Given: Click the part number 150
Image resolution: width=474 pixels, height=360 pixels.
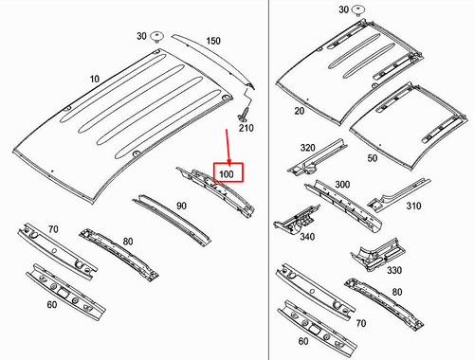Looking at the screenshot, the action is (213, 41).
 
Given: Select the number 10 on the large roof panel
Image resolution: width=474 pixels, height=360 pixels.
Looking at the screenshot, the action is (95, 79).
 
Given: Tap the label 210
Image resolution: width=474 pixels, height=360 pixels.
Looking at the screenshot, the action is (246, 128).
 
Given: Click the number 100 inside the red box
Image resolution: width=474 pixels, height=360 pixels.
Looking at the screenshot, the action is (227, 174).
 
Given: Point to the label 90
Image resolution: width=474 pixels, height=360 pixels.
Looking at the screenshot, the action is (181, 206).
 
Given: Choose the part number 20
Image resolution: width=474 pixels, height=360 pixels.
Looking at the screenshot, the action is (300, 111).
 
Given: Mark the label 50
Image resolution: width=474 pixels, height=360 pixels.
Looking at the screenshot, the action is (373, 158).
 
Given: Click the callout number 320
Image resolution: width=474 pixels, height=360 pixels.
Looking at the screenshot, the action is (308, 148).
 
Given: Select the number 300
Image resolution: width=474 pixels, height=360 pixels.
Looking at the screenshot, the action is (342, 184).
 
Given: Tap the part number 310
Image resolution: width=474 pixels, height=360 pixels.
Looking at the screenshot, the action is (413, 206).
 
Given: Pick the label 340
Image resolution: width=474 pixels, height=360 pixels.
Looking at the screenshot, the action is (307, 237).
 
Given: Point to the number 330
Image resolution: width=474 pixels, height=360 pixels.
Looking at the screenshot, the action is (394, 270).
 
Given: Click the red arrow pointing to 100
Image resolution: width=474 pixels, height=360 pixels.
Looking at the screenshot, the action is (228, 147).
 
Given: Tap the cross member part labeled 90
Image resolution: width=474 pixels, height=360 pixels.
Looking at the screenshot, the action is (172, 220).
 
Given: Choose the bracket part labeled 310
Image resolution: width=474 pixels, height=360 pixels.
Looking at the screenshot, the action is (399, 196).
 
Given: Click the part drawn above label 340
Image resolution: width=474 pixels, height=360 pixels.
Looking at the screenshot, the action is (297, 219).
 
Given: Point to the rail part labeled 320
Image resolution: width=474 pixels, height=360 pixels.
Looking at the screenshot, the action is (317, 157).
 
